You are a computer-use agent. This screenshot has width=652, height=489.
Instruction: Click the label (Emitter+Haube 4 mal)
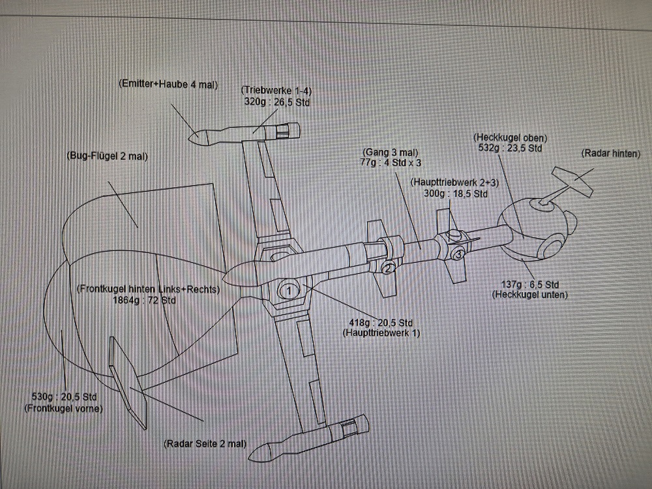click(x=168, y=85)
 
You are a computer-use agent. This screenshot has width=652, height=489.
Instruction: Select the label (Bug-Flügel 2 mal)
click(x=108, y=156)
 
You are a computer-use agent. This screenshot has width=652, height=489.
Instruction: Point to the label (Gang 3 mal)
click(x=391, y=152)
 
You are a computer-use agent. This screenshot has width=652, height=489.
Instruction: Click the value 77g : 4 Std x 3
click(x=391, y=164)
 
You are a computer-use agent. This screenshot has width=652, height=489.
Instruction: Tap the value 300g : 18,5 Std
click(x=456, y=194)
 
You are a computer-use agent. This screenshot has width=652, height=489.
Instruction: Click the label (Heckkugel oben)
click(x=511, y=138)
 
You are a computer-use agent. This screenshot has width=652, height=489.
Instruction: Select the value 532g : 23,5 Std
click(x=511, y=149)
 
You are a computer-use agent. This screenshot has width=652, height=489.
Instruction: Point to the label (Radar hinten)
click(x=611, y=154)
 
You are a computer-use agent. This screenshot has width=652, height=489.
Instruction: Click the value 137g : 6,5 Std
click(x=529, y=285)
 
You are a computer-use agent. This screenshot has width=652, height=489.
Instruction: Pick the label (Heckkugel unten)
click(x=529, y=295)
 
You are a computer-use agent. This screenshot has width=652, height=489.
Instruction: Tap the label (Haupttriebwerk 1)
click(x=381, y=333)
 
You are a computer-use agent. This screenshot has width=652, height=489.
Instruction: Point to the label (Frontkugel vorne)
click(x=65, y=409)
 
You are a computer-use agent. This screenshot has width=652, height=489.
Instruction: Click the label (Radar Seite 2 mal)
click(x=205, y=443)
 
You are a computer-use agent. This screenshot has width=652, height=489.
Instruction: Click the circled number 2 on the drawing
click(x=388, y=267)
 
